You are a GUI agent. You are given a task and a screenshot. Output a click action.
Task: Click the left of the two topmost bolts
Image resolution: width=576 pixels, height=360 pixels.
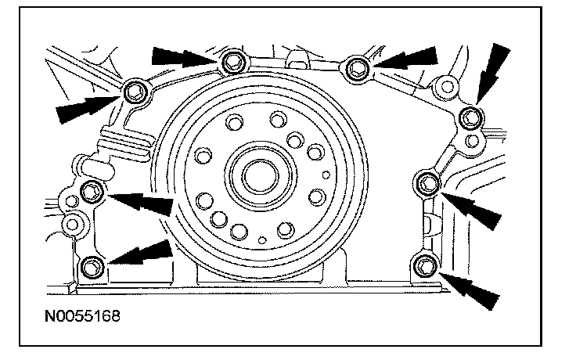(232, 64)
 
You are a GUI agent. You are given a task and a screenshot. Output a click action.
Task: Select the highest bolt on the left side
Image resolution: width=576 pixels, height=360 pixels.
(134, 92)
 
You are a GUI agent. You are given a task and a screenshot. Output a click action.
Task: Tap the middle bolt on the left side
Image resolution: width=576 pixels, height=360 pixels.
(92, 189)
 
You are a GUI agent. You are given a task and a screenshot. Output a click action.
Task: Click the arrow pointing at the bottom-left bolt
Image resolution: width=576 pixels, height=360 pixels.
(141, 255)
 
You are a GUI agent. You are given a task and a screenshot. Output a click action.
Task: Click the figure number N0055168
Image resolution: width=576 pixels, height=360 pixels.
(77, 320)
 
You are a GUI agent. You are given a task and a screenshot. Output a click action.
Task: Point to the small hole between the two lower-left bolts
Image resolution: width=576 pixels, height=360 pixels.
(74, 224)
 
